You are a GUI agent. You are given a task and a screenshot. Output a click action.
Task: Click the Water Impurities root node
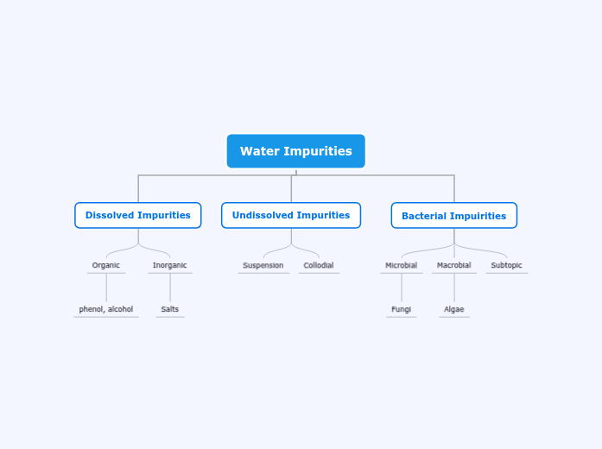tap(295, 151)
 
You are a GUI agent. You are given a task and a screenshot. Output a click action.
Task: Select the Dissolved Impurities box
tap(138, 215)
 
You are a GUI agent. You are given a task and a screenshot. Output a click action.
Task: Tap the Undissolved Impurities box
tap(291, 215)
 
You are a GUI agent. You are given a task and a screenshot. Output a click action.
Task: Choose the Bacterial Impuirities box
tap(453, 216)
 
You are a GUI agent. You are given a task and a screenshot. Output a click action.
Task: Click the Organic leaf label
tap(106, 265)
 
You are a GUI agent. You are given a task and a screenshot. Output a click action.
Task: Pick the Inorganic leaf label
tap(170, 265)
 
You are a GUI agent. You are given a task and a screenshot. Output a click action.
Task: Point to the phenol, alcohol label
tap(106, 309)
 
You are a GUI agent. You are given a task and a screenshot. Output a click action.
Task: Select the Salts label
tap(170, 309)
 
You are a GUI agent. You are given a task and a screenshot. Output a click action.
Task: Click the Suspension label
tap(263, 265)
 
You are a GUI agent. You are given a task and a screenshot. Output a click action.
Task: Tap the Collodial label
tap(319, 265)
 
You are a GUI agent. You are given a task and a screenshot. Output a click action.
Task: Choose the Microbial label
tap(402, 265)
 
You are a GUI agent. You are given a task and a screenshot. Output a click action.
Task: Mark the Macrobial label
tap(454, 265)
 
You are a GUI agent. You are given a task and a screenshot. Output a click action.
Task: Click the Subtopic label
tap(507, 265)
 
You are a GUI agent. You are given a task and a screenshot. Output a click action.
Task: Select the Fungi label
tap(402, 309)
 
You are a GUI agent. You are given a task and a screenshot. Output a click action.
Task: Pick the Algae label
tap(454, 309)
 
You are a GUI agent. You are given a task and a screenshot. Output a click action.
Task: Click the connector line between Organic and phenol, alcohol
tap(106, 288)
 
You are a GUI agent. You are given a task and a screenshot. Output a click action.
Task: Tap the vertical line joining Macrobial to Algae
tap(454, 288)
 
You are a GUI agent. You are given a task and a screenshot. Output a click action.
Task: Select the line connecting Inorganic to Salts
tap(170, 288)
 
